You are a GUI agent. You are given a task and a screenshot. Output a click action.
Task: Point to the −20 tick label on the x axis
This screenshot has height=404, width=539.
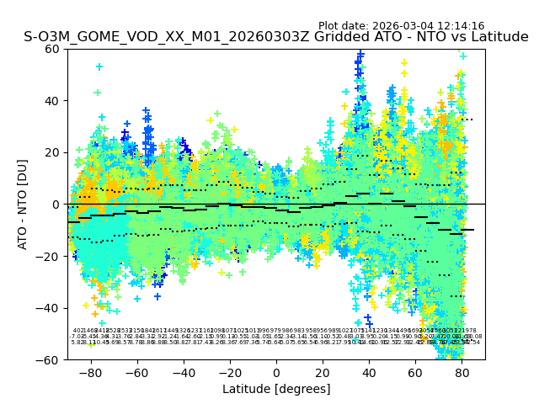229,372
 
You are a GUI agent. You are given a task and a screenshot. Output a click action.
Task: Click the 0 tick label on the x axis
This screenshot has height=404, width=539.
276,372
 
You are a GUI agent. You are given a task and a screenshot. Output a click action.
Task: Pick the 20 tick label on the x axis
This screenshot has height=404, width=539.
323,372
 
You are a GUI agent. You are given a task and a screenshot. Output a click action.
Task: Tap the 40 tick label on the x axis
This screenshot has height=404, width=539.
369,372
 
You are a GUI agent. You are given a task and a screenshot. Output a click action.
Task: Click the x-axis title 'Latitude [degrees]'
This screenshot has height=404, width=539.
276,389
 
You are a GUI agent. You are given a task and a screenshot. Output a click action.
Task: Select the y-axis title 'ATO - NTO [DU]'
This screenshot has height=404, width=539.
24,205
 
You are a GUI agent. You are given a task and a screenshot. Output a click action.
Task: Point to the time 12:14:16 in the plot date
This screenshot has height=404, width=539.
459,26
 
